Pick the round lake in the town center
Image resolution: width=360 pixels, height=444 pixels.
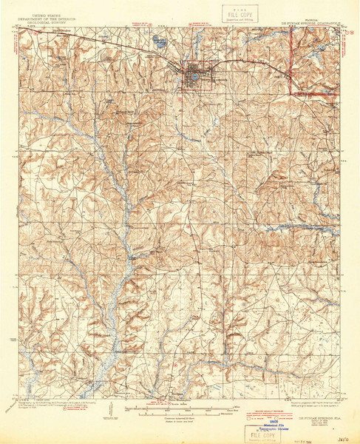[192, 75]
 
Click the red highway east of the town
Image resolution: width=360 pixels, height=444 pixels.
[292, 70]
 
